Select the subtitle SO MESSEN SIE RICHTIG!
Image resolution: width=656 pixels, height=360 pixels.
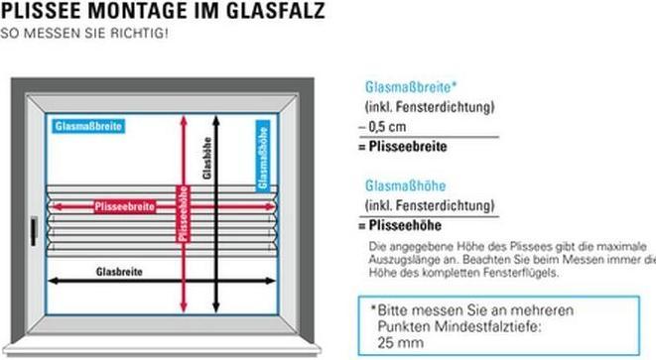point(84,33)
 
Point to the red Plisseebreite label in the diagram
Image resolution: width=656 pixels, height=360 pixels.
point(124,206)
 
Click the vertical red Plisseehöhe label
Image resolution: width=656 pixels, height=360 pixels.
point(183,213)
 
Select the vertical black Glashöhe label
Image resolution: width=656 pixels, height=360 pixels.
point(206,159)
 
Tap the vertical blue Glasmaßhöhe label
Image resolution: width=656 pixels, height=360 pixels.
point(262,154)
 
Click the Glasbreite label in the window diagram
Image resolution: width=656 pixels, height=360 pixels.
point(119,271)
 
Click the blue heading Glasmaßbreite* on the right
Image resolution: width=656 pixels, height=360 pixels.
point(411,87)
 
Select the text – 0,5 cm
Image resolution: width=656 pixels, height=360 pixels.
point(383,127)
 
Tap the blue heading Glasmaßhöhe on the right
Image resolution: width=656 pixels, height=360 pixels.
point(406,185)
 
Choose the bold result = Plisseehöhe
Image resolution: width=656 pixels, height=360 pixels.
point(404,226)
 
